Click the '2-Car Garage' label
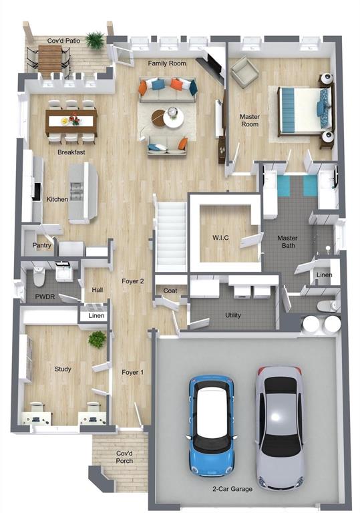[x=233, y=489]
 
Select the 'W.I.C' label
[x=221, y=238]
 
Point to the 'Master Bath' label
[x=288, y=242]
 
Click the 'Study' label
[x=63, y=369]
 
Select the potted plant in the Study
[x=98, y=339]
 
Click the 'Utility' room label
[x=233, y=315]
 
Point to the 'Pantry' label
[x=42, y=245]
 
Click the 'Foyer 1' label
[x=132, y=372]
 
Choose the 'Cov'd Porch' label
[x=124, y=457]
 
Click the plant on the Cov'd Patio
[x=96, y=39]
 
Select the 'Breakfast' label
[x=71, y=152]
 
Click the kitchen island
[x=82, y=192]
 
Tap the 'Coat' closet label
[x=170, y=291]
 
